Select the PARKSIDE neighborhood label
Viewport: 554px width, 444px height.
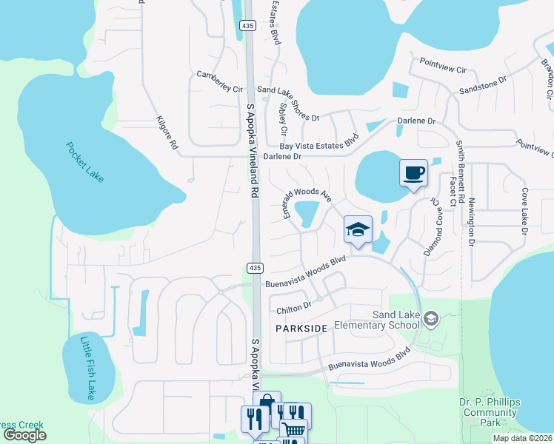point(301,327)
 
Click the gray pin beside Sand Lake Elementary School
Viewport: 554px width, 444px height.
point(432,319)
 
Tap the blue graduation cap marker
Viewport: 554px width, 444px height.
point(358,230)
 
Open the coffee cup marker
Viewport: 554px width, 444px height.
point(414,174)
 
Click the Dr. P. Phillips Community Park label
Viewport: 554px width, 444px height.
point(488,412)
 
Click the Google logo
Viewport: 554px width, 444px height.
point(25,435)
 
